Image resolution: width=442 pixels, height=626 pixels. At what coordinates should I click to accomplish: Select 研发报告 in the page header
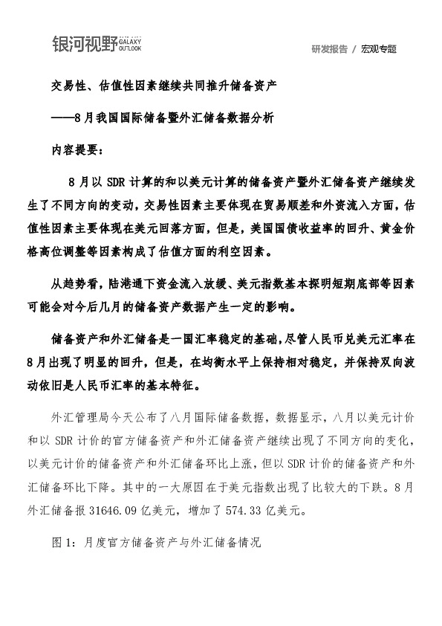330,49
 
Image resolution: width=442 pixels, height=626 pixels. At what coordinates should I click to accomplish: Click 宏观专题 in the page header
379,49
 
